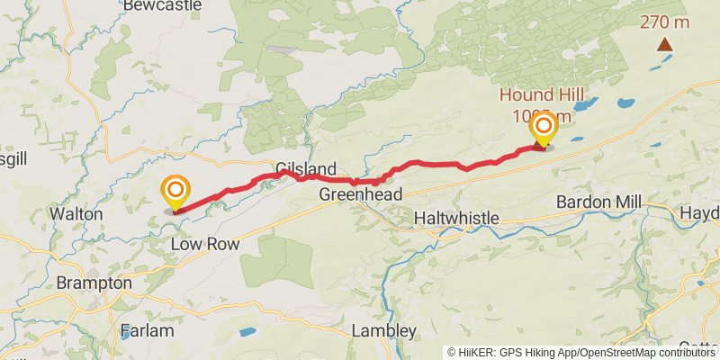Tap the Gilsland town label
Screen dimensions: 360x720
[x=306, y=169]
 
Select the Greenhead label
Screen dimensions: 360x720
[x=360, y=194]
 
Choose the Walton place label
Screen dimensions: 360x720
[x=76, y=214]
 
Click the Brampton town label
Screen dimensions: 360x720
[x=94, y=283]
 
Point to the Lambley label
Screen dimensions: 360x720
[x=384, y=330]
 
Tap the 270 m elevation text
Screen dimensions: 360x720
[x=665, y=22]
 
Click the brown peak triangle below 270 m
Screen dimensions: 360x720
[x=665, y=44]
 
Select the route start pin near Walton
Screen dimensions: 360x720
[x=175, y=191]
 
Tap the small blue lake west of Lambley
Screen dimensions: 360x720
[x=247, y=332]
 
